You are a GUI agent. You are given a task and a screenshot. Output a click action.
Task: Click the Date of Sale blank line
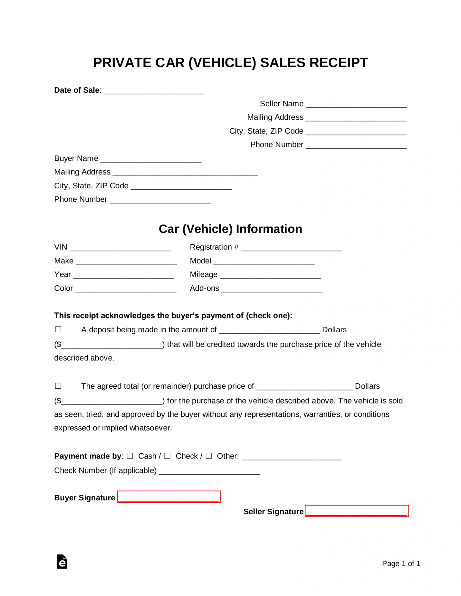pos(154,91)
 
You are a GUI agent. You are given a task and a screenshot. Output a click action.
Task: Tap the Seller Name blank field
pos(356,104)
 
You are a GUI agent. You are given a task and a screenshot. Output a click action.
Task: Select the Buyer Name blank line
pos(151,159)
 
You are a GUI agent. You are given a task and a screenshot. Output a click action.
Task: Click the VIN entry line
pos(120,248)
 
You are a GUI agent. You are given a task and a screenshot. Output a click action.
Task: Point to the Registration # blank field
pos(291,248)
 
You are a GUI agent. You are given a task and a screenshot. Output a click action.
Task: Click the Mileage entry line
pos(270,275)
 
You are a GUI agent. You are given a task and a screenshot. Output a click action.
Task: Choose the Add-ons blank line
pos(272,289)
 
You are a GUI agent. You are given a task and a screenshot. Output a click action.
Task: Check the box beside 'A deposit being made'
pos(58,329)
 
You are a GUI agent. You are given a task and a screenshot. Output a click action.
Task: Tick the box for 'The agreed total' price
pos(58,386)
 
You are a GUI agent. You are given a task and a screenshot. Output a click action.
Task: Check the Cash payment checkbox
pos(130,456)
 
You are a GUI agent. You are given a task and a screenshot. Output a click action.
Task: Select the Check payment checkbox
pos(167,456)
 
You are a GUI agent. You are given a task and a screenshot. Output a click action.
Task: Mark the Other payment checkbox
pos(209,456)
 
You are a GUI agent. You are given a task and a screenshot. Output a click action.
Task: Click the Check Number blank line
pos(209,471)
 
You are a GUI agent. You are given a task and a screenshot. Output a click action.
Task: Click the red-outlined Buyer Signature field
pos(169,497)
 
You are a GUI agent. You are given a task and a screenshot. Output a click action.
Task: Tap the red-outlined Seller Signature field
pos(357,511)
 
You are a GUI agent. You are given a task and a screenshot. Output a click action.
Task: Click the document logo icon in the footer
pos(62,562)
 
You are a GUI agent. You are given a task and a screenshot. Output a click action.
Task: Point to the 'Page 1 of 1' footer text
pos(401,564)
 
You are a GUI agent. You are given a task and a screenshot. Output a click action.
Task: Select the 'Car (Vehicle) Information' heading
pos(230,229)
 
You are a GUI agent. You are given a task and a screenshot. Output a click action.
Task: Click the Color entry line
pos(126,289)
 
